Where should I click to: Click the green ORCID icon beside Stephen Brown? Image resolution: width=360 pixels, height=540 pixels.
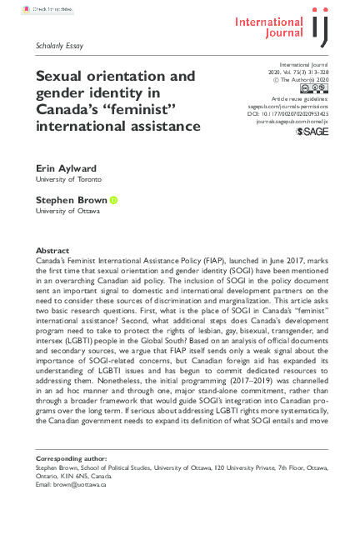[x=113, y=200]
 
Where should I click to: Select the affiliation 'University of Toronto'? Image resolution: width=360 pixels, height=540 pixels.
[x=68, y=179]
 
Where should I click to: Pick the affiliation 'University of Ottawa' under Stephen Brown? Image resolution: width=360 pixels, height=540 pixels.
[x=67, y=211]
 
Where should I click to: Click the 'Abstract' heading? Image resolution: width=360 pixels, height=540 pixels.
[x=53, y=250]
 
